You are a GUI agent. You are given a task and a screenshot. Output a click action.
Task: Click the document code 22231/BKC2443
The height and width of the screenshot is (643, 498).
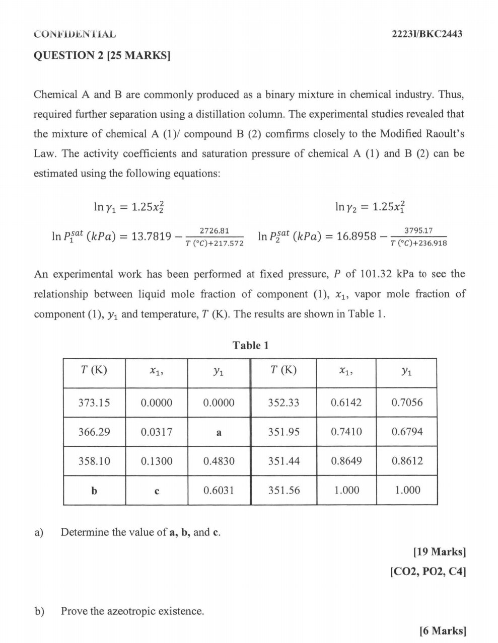pyautogui.click(x=427, y=34)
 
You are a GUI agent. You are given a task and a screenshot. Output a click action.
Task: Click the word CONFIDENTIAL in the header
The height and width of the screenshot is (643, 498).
pyautogui.click(x=75, y=34)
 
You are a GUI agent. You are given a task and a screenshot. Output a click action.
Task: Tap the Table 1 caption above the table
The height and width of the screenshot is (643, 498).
pyautogui.click(x=250, y=345)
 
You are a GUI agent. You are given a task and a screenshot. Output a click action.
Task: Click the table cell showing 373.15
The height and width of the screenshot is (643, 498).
pyautogui.click(x=94, y=403)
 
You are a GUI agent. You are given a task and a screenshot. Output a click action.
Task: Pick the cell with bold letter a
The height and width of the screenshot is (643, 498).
pyautogui.click(x=219, y=432)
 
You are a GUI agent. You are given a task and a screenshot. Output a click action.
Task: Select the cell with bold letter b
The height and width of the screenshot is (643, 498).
pyautogui.click(x=94, y=491)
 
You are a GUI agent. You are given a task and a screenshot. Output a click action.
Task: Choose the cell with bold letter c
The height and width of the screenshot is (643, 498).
pyautogui.click(x=157, y=491)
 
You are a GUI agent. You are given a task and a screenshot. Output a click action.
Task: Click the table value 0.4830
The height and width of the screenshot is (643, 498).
pyautogui.click(x=219, y=461)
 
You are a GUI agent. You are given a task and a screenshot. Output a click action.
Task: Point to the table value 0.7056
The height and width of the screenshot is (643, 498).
pyautogui.click(x=407, y=403)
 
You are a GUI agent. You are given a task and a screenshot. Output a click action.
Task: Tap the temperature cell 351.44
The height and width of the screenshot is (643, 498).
pyautogui.click(x=283, y=461)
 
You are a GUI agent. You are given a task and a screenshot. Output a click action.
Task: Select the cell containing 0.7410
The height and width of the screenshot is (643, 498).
pyautogui.click(x=346, y=432)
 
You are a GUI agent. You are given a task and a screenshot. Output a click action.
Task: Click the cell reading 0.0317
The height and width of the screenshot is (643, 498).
pyautogui.click(x=157, y=432)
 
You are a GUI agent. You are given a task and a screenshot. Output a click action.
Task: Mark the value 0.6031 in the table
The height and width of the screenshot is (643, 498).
pyautogui.click(x=219, y=490)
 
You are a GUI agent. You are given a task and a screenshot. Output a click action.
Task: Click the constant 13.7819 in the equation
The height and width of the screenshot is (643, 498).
pyautogui.click(x=152, y=235)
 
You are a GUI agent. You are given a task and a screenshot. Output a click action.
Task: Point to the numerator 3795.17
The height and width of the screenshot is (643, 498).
pyautogui.click(x=418, y=231)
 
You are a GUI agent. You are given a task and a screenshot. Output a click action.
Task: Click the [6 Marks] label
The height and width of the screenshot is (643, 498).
pyautogui.click(x=442, y=631)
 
